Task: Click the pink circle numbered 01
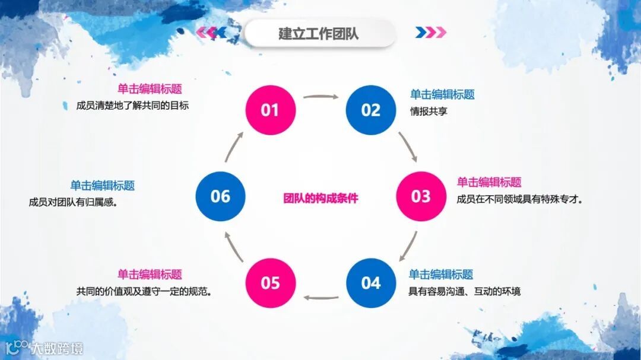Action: point(271,110)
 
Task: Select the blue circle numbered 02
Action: point(371,110)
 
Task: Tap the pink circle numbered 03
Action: point(421,196)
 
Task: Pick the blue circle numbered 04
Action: point(371,283)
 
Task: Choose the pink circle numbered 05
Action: point(271,283)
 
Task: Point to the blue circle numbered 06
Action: point(220,196)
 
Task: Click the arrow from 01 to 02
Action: point(320,95)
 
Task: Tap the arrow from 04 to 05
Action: point(320,297)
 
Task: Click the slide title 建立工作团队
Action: point(319,33)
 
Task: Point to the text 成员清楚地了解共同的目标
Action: point(132,106)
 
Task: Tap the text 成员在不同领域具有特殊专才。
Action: point(519,199)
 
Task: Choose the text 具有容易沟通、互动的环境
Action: point(464,291)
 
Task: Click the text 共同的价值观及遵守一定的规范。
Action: point(144,291)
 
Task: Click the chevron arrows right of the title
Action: point(431,33)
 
